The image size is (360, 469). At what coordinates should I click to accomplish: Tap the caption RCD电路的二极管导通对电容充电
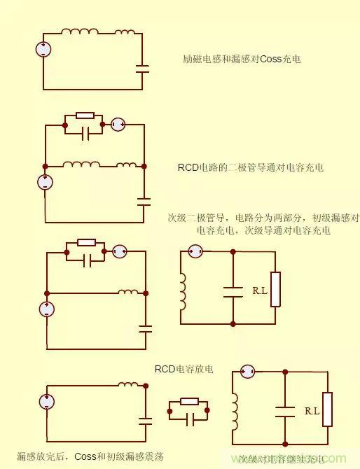251,168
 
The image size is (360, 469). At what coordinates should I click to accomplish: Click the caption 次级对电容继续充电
281,460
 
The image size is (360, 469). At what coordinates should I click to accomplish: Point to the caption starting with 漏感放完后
90,456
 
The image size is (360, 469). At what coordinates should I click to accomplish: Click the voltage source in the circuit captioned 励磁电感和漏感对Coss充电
43,49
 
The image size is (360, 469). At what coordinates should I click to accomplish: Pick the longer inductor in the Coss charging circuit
79,31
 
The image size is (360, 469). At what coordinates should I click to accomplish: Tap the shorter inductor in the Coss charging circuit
125,31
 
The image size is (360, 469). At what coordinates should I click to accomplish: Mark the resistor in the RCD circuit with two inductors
85,115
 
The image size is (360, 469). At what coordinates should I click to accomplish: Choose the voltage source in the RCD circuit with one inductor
46,309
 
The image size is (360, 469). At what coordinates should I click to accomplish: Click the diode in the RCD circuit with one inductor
118,251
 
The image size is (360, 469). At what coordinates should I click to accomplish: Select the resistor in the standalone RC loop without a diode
189,401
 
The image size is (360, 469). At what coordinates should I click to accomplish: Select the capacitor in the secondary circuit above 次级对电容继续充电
284,411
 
